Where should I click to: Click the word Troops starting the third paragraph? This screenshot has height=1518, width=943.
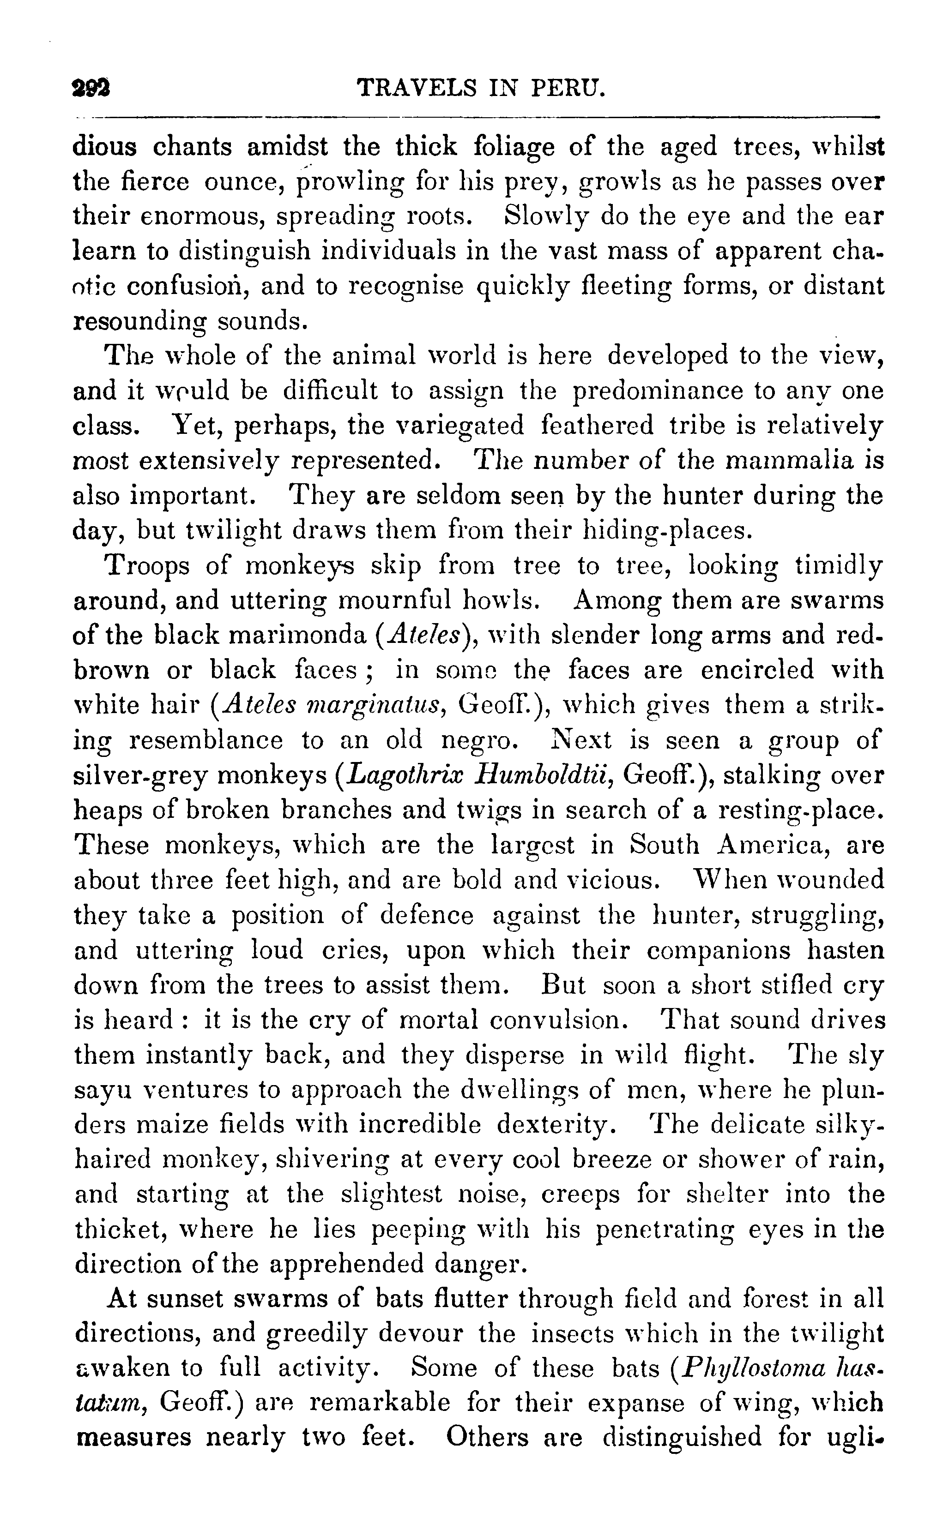pos(148,566)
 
